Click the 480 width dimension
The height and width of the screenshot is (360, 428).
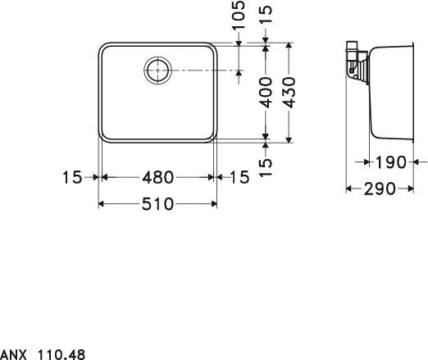click(157, 176)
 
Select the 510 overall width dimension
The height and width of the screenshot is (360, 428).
click(157, 204)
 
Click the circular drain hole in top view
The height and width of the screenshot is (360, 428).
click(157, 70)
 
